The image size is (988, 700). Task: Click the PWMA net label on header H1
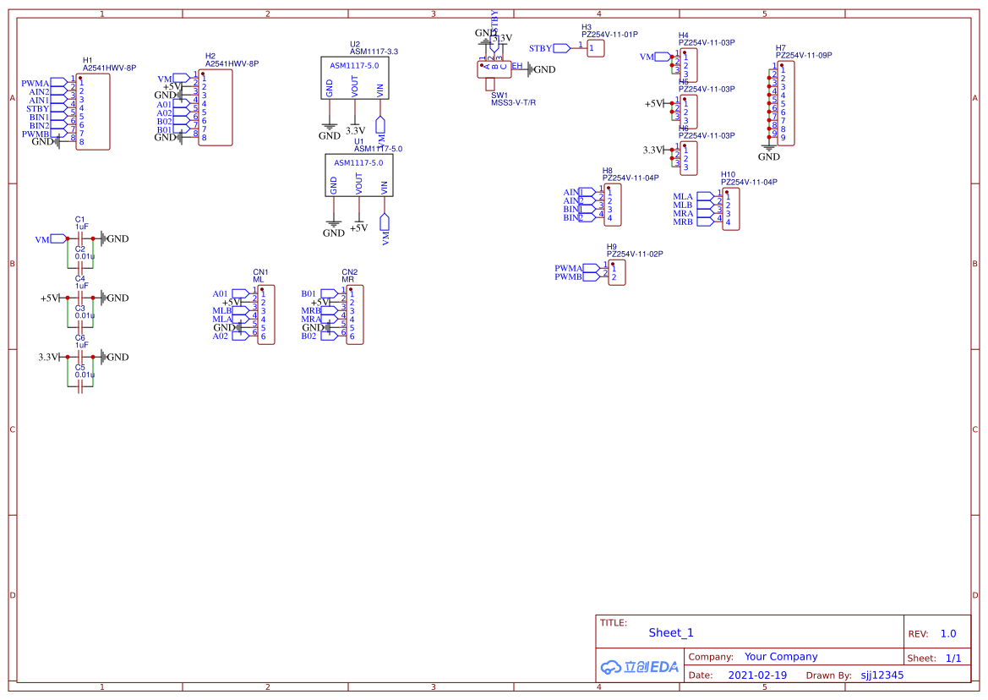tap(35, 83)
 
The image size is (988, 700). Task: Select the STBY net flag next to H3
tap(541, 48)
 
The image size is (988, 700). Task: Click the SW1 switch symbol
tap(494, 68)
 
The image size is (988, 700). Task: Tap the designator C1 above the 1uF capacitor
tap(80, 219)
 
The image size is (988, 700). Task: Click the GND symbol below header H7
tap(768, 156)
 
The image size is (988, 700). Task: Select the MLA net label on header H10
tap(683, 196)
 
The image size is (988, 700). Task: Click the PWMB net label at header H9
tap(568, 276)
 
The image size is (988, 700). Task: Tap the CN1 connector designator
tap(260, 272)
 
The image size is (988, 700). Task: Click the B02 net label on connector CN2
tap(308, 336)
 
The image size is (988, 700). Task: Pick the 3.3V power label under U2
tap(355, 131)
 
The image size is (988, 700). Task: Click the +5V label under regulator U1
tap(358, 228)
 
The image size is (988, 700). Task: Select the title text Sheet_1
tap(671, 632)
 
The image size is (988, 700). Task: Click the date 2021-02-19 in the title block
tap(756, 675)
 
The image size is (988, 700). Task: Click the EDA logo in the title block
tap(640, 667)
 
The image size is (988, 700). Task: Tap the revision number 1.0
tap(948, 633)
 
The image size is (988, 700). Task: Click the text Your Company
tap(781, 657)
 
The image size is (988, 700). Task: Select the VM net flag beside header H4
tap(647, 57)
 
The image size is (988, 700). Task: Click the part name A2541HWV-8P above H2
tap(232, 63)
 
